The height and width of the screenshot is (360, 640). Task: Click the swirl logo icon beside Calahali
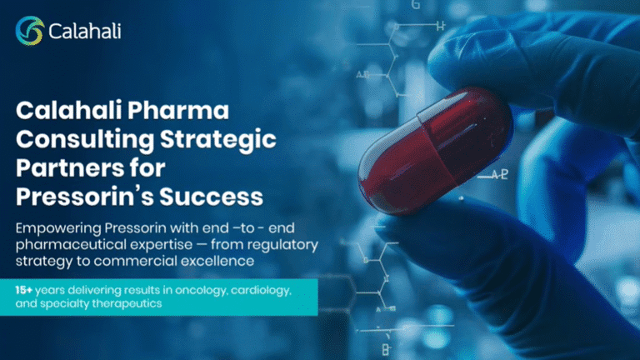click(30, 31)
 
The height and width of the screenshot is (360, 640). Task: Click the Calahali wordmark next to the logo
click(85, 32)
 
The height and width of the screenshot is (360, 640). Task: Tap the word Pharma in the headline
click(178, 111)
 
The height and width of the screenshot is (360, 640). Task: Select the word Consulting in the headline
click(85, 140)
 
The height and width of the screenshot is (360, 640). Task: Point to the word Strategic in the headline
click(218, 140)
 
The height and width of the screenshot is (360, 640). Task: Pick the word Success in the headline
click(211, 197)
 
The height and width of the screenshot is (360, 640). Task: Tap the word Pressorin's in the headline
click(85, 197)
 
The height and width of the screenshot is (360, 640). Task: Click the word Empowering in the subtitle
click(58, 228)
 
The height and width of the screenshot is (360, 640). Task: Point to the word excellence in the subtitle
click(217, 261)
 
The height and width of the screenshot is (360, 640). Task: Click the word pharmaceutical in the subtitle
click(72, 245)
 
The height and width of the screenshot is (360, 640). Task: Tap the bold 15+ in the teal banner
click(23, 290)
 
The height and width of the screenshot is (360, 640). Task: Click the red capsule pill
click(435, 151)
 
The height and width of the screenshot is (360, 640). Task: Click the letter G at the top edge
click(416, 5)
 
